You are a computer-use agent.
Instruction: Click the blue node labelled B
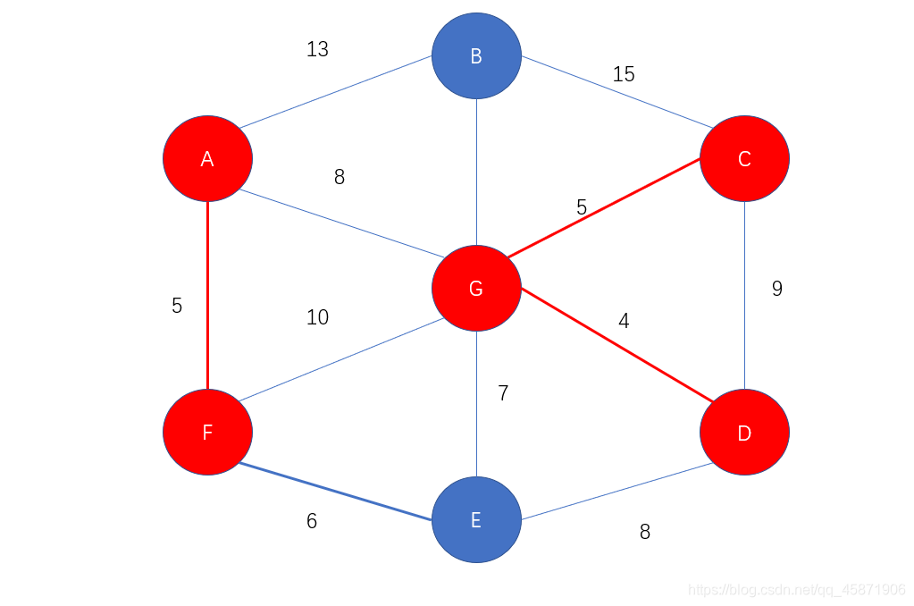click(x=476, y=55)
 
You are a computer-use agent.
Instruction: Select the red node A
click(x=207, y=158)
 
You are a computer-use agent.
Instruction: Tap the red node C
click(x=744, y=158)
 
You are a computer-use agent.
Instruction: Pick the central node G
click(x=476, y=288)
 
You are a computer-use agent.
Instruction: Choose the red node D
click(x=744, y=433)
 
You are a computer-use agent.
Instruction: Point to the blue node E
click(x=476, y=519)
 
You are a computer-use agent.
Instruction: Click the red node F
click(x=207, y=432)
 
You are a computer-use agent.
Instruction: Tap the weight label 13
click(x=317, y=49)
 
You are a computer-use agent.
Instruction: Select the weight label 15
click(x=624, y=74)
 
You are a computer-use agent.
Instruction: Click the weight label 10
click(x=317, y=317)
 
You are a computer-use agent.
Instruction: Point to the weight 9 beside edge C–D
click(x=776, y=289)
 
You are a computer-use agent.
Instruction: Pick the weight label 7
click(x=503, y=393)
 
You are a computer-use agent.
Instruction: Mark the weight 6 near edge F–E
click(x=311, y=521)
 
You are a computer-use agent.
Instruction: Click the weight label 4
click(x=624, y=321)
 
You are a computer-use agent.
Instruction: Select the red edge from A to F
click(x=207, y=295)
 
